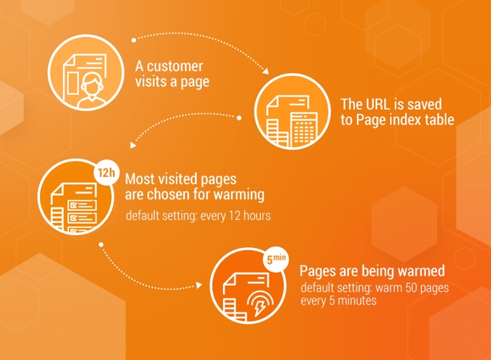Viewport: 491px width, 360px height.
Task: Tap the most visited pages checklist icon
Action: [73, 198]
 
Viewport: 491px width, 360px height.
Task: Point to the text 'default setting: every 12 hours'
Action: [198, 215]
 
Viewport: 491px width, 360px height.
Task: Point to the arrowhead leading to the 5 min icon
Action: [199, 287]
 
